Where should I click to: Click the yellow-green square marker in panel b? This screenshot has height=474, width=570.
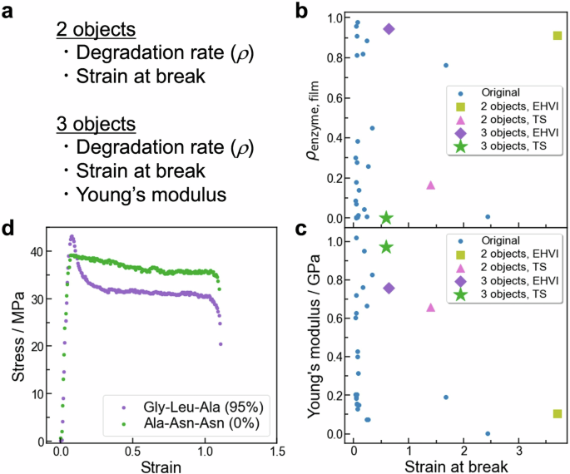pyautogui.click(x=557, y=36)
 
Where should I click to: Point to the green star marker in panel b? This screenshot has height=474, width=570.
pyautogui.click(x=386, y=218)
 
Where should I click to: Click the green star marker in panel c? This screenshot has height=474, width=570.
pyautogui.click(x=386, y=247)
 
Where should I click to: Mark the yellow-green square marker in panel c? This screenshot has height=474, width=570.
pyautogui.click(x=557, y=413)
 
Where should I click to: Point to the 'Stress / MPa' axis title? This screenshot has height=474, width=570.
pyautogui.click(x=17, y=341)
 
